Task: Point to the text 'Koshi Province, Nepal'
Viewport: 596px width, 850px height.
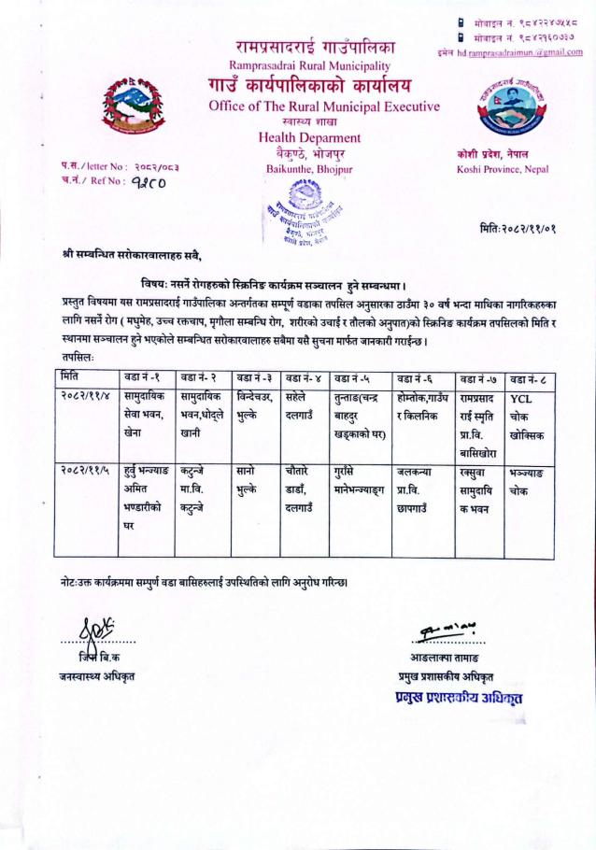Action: pyautogui.click(x=499, y=170)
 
